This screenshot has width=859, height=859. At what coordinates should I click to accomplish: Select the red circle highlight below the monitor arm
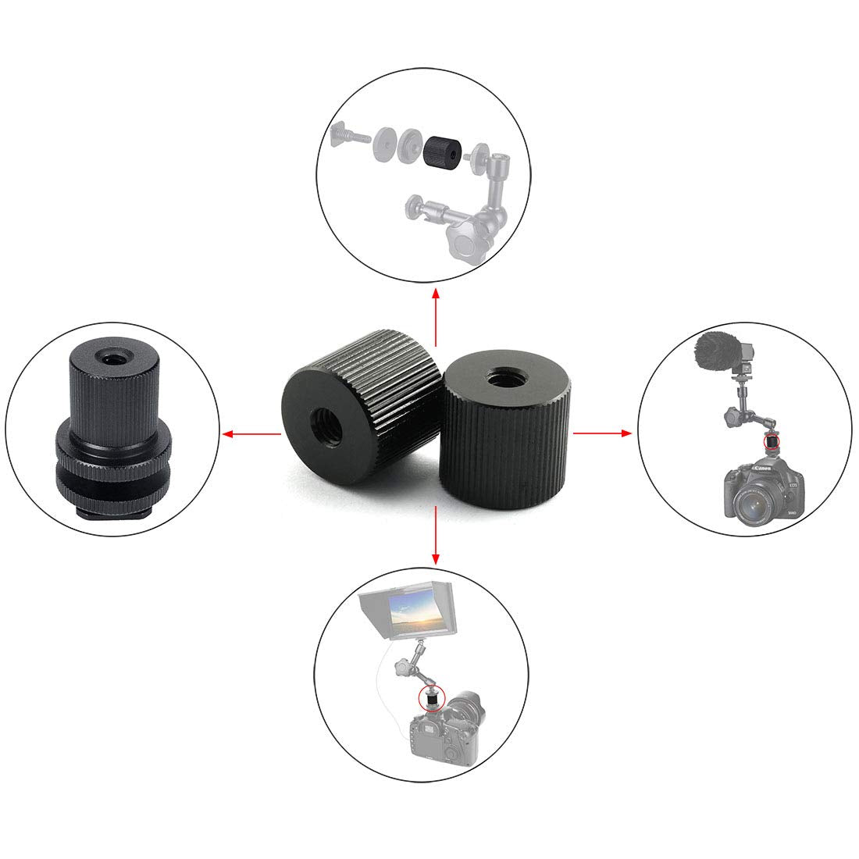429,696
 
